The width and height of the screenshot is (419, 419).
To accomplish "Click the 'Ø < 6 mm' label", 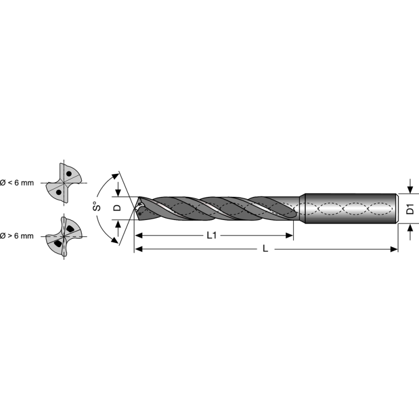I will click(17, 183).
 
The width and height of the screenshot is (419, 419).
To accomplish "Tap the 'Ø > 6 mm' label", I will click(17, 236).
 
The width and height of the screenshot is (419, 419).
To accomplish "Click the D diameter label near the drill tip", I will click(117, 207).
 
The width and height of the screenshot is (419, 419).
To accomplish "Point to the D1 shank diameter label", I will click(411, 208).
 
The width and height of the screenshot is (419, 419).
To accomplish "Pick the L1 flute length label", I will click(212, 236).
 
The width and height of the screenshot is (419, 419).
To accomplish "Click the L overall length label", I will click(266, 249).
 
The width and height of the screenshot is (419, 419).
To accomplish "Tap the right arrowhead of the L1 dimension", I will click(289, 236).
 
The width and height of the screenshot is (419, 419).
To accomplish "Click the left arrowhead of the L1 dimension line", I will click(138, 236).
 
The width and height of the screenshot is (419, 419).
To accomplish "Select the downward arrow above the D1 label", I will click(411, 188).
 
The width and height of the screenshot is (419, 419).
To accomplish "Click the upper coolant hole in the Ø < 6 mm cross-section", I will click(68, 174).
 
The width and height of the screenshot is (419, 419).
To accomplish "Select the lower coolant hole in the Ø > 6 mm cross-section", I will click(58, 244).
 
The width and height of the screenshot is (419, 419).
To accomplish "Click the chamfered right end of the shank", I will click(396, 209).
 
